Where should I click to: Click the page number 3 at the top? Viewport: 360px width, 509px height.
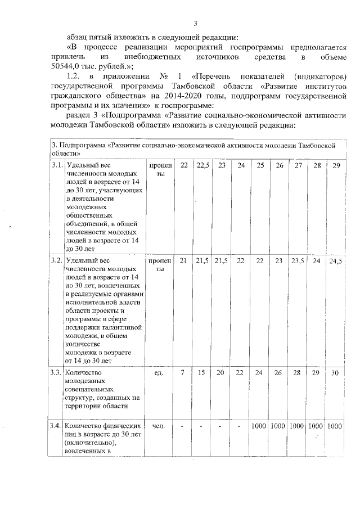195,23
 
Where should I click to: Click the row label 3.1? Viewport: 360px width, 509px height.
57,165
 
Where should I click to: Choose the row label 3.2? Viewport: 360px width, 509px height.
57,261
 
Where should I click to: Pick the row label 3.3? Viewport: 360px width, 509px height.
57,372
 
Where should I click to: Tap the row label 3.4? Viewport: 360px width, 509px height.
57,426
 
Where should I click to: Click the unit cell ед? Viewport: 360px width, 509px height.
159,372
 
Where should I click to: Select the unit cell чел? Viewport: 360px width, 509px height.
159,426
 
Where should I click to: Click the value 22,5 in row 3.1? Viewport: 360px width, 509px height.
202,165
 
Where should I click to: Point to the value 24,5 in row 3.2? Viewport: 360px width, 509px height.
335,261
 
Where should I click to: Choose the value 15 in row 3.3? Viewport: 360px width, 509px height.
202,372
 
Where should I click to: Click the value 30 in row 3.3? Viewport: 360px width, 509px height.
335,372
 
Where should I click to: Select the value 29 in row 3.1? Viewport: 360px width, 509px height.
336,165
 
